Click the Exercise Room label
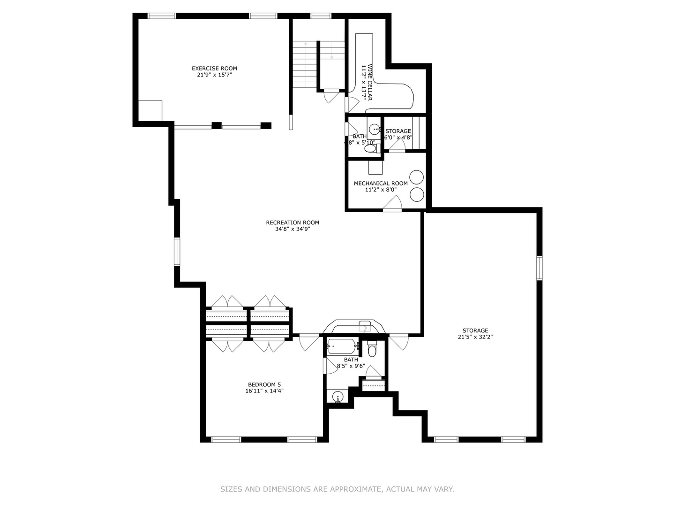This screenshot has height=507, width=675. tap(214, 69)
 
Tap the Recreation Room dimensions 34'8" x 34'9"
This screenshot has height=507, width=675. tap(292, 229)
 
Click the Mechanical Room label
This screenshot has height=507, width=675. tap(381, 183)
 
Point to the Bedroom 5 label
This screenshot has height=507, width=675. tap(264, 384)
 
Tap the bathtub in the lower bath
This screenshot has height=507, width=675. tap(342, 346)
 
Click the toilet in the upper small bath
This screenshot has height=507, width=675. tap(370, 149)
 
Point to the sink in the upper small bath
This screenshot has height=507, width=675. tap(375, 129)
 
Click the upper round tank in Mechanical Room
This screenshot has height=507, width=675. tap(416, 177)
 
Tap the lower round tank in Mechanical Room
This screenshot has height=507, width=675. tap(416, 194)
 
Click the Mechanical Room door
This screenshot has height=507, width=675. tap(393, 204)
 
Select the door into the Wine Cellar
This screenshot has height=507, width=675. tap(352, 104)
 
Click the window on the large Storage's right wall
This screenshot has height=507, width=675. tap(539, 268)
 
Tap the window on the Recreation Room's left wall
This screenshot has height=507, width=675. tap(177, 251)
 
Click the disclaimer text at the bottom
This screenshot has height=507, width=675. tap(337, 489)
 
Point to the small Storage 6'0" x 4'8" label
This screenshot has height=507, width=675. tap(398, 134)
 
